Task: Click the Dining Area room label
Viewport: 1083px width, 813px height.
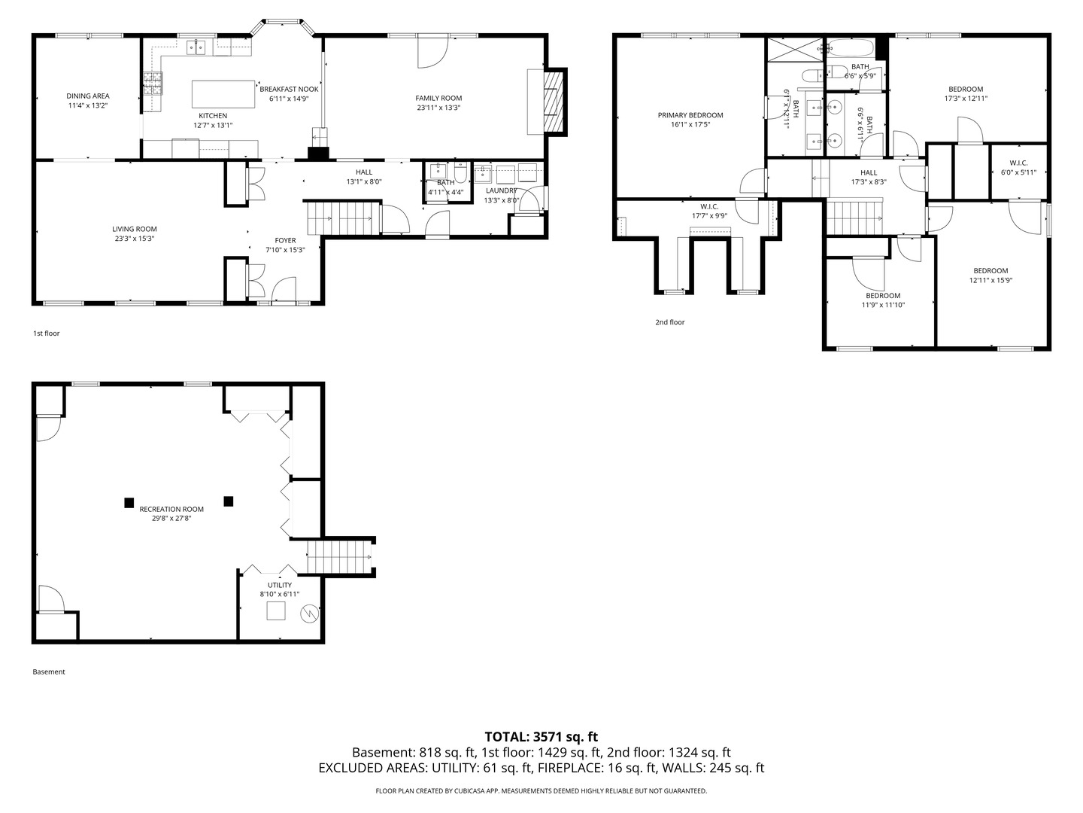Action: (x=88, y=96)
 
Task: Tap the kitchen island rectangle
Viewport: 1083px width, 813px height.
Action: (x=223, y=94)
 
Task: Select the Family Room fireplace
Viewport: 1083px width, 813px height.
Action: (x=553, y=101)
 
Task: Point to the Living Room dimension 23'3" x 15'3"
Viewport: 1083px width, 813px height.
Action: (x=135, y=239)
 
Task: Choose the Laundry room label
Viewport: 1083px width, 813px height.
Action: (x=501, y=190)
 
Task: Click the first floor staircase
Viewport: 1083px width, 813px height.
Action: (x=341, y=218)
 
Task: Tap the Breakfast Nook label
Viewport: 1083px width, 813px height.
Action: (x=289, y=89)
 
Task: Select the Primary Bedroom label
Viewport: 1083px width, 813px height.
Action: (x=690, y=115)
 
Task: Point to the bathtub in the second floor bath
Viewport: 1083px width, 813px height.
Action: (x=850, y=50)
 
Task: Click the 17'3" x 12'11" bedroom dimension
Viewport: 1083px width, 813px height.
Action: (x=966, y=99)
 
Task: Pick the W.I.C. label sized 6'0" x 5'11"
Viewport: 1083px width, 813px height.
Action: (x=1018, y=163)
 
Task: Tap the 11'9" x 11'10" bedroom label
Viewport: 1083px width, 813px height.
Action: (x=882, y=296)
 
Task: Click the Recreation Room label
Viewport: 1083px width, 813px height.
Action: (x=171, y=509)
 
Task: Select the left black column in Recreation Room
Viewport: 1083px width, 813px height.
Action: (x=129, y=502)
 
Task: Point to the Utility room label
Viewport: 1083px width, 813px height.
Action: (x=280, y=585)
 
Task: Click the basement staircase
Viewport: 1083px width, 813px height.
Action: (x=340, y=558)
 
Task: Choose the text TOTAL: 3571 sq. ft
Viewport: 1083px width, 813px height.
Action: (x=541, y=737)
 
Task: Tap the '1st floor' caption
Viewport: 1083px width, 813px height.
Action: (x=46, y=333)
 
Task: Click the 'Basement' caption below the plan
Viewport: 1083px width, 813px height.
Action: (x=49, y=672)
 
